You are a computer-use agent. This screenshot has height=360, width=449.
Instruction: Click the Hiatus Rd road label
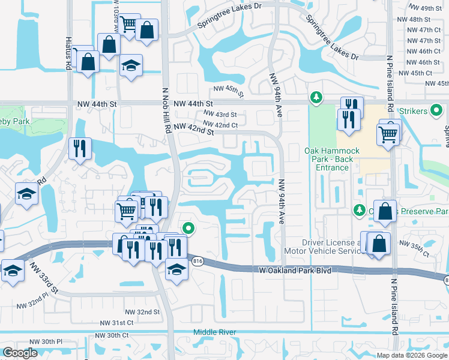pos(68,49)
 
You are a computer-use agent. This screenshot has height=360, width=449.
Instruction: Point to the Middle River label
pos(215,332)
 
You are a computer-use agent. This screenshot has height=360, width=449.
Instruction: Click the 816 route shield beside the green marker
pos(198,260)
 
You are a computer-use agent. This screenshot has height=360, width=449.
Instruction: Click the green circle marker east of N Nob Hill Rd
pos(188,228)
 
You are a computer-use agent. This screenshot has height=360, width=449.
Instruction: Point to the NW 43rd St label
pos(220,115)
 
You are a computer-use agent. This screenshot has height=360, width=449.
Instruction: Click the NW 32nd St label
pos(142,312)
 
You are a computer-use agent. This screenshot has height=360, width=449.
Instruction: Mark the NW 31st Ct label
pos(118,323)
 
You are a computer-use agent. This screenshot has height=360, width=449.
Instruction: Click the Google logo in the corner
pos(20,353)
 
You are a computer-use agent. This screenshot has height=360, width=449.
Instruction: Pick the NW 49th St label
pos(424,8)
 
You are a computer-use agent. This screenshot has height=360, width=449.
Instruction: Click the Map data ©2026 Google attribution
pos(412,355)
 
